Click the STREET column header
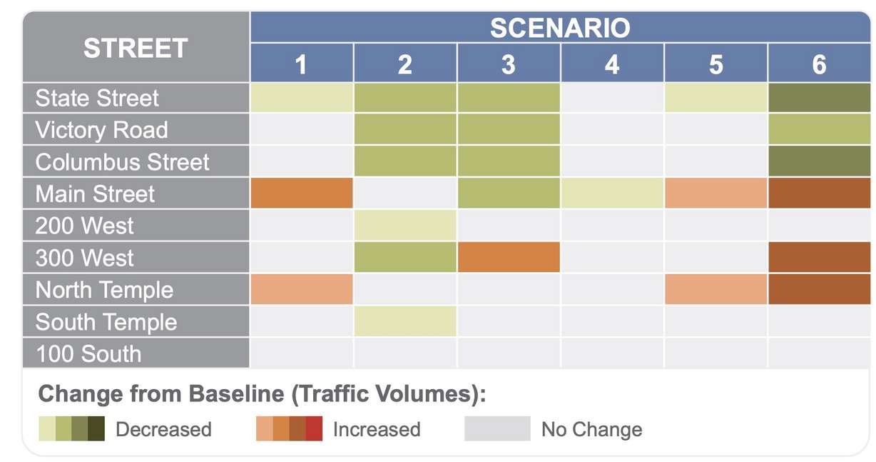pos(136,48)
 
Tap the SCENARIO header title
pos(560,28)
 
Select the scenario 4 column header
pos(611,65)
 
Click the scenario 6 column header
pos(819,65)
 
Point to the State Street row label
pos(97,98)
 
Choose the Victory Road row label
pos(101,130)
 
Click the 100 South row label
pos(88,354)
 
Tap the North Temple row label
pos(104,290)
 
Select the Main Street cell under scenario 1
pos(302,194)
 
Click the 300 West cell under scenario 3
pos(509,257)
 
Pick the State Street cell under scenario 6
pos(819,98)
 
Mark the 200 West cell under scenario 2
pos(405,226)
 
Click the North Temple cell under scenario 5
pos(715,289)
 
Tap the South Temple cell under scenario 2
pos(405,321)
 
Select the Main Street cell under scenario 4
pos(612,194)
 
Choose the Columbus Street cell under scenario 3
pos(509,162)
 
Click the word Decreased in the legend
pos(163,429)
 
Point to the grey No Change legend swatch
pos(497,428)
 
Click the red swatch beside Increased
pos(314,428)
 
